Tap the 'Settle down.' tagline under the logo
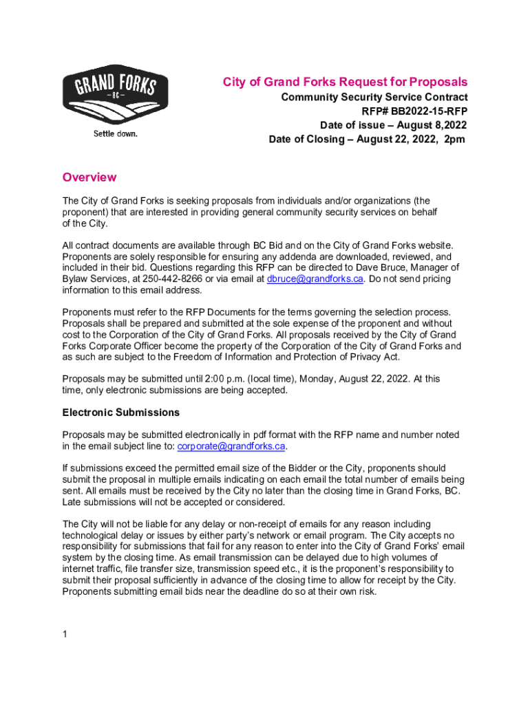(x=116, y=133)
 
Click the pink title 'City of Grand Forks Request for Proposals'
(x=345, y=82)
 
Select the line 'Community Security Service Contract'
(x=374, y=98)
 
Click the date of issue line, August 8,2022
(x=393, y=125)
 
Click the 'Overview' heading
(x=89, y=177)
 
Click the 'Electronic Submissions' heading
(x=121, y=412)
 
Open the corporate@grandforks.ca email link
(x=231, y=446)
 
